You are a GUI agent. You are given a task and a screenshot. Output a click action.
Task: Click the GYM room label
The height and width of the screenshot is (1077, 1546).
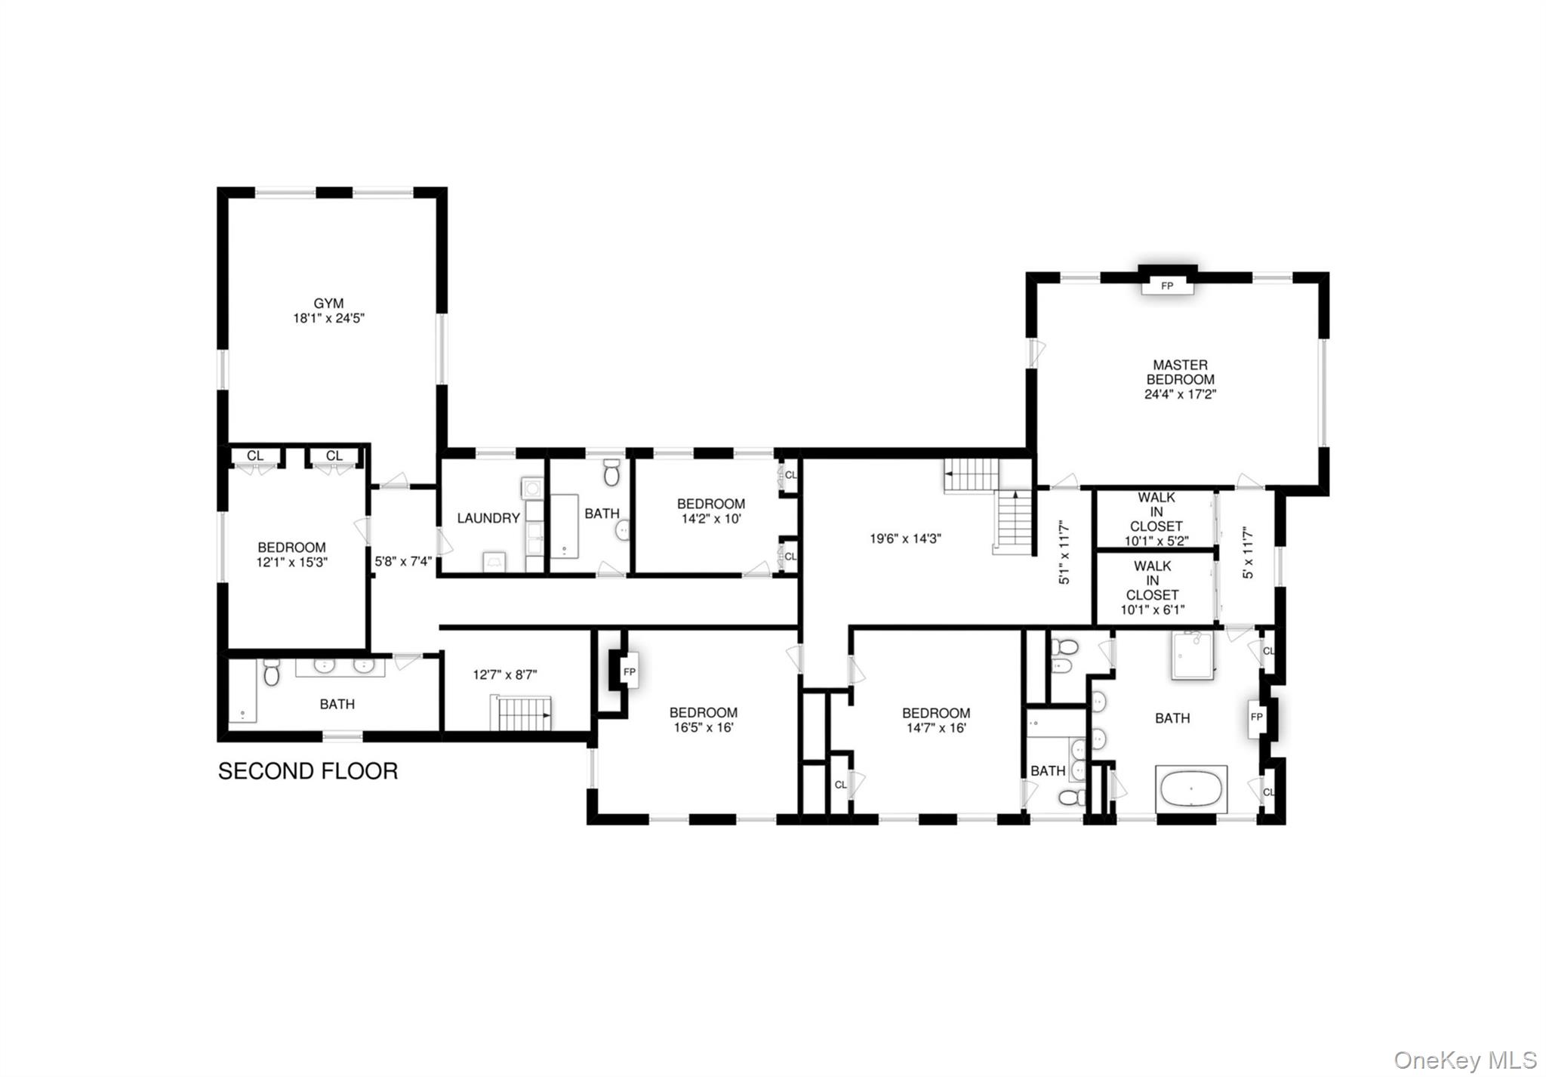point(328,311)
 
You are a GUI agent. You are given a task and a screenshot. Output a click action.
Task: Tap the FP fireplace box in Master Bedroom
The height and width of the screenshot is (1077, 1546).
point(1167,286)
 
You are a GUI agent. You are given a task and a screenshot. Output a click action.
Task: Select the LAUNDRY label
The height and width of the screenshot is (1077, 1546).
point(488,518)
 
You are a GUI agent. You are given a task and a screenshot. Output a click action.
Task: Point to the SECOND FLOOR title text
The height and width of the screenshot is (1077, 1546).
point(308,771)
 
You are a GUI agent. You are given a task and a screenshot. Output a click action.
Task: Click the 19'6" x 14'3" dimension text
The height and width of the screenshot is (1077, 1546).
point(905,538)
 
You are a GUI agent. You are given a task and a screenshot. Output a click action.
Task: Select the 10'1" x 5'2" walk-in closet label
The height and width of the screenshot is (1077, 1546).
point(1156,520)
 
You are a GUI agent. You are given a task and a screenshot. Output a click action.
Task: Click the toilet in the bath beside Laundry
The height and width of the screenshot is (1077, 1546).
point(611,472)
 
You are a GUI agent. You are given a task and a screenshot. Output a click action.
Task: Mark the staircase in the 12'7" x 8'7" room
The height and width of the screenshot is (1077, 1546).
point(522,714)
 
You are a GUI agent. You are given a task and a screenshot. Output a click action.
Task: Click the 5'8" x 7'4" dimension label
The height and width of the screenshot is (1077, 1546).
point(403,562)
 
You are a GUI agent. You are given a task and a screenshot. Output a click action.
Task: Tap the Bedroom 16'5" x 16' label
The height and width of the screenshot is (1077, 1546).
point(704,720)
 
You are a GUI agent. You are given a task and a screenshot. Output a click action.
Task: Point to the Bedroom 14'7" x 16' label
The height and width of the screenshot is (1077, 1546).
point(936,721)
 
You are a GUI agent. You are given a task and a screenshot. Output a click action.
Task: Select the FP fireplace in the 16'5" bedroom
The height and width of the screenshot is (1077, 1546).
point(629,671)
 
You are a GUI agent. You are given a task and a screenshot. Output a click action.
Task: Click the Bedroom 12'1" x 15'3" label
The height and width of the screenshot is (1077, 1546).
point(291,554)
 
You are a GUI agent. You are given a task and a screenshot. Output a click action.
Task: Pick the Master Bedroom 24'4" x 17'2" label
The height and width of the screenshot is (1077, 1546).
point(1180,379)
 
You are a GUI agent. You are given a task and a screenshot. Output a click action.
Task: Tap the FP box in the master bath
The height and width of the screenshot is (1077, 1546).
point(1256,717)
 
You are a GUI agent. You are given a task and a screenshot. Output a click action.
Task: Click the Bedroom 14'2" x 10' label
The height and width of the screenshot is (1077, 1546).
point(710,511)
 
